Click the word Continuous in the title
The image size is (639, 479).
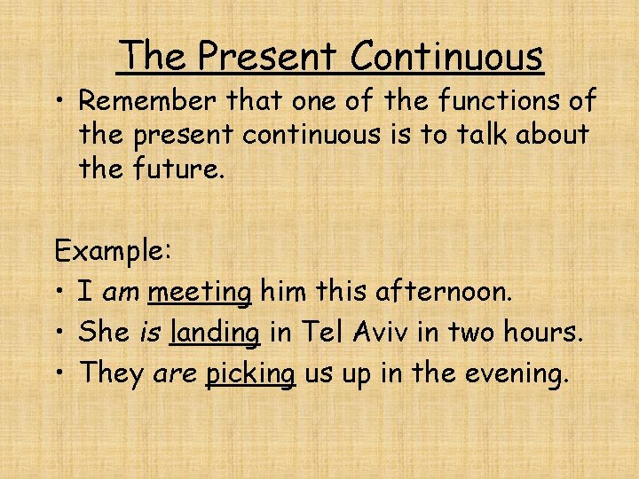(x=446, y=56)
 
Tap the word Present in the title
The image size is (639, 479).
(x=267, y=56)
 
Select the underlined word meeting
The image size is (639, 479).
(x=201, y=292)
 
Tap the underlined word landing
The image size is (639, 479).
(x=216, y=333)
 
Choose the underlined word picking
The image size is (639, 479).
(x=250, y=373)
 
